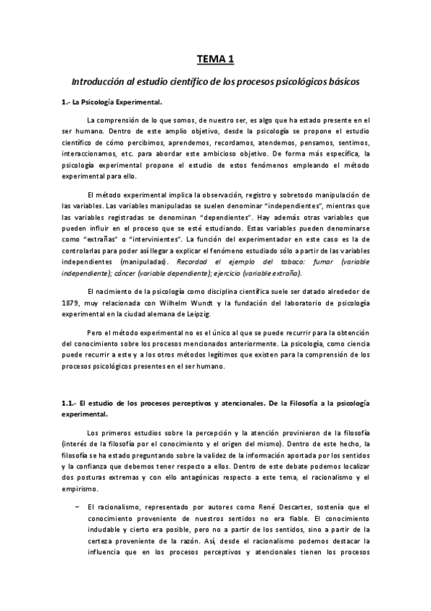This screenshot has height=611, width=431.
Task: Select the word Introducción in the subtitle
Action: coord(94,81)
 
